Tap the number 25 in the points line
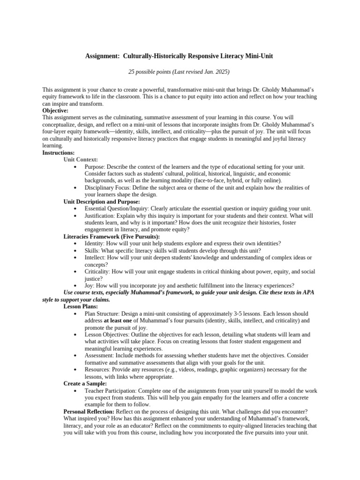[x=132, y=72]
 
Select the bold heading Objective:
[x=55, y=110]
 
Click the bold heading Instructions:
[x=59, y=153]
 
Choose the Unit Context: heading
[x=81, y=160]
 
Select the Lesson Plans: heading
[x=81, y=307]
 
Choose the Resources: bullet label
[x=98, y=369]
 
